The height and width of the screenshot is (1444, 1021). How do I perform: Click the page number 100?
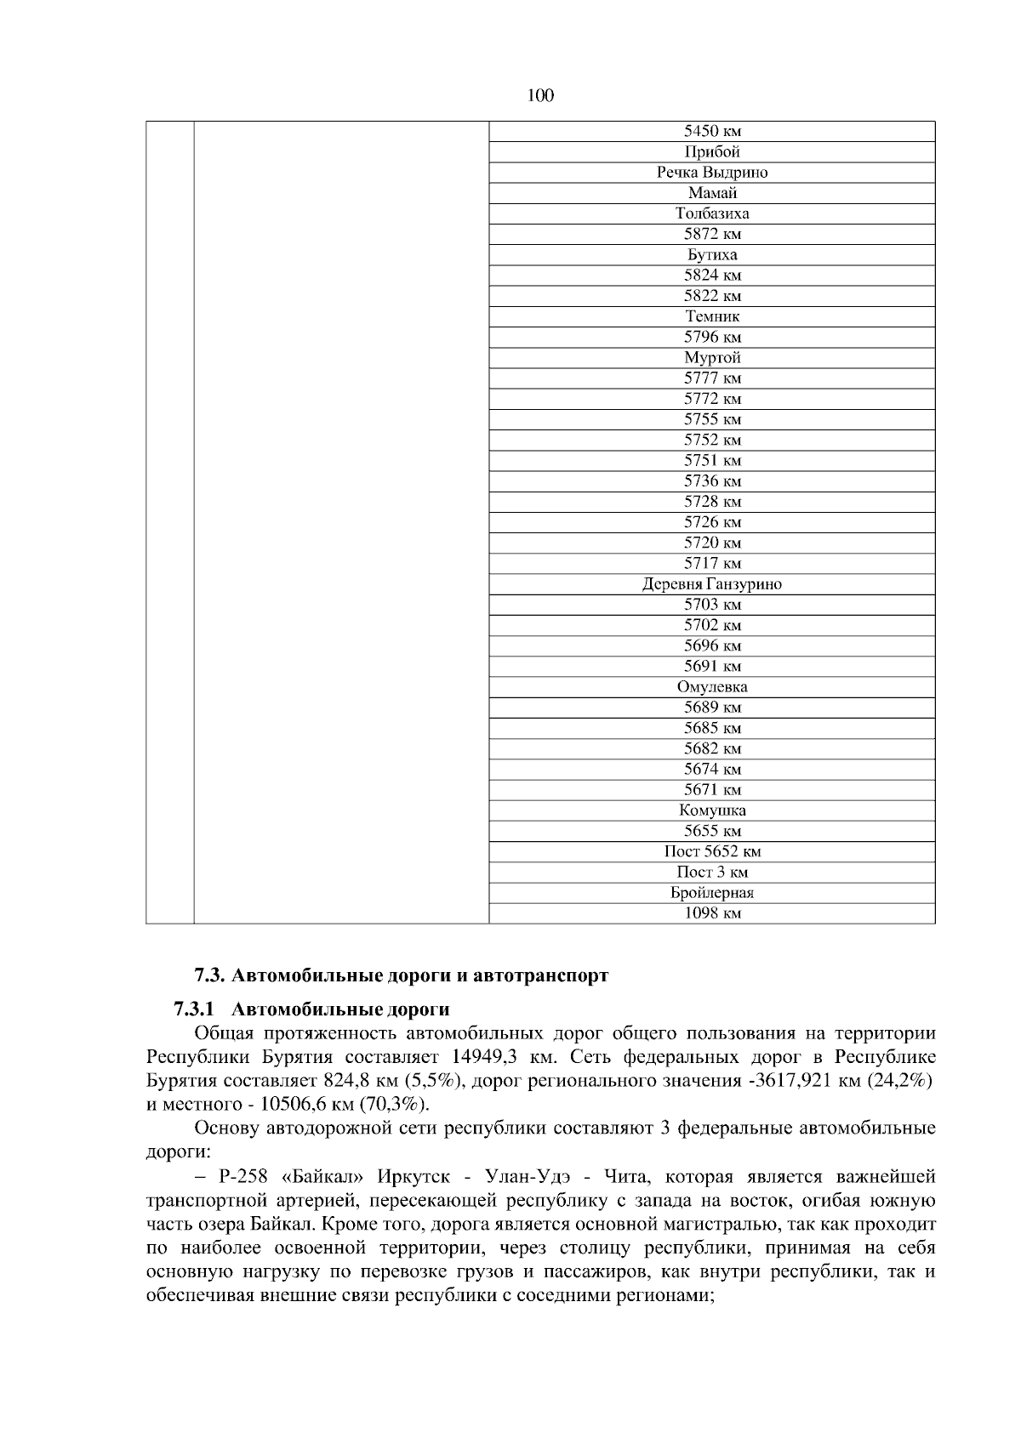540,96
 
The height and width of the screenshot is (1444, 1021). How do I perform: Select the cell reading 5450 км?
712,132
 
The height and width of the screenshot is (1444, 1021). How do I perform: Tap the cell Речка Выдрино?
712,173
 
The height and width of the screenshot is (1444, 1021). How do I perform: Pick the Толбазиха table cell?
712,213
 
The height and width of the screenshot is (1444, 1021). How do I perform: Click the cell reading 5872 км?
712,234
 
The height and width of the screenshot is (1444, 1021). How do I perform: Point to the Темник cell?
712,316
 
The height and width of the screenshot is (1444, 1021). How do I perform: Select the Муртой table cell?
712,357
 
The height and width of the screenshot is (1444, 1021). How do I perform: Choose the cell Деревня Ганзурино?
712,584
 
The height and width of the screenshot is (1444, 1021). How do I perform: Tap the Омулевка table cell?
712,687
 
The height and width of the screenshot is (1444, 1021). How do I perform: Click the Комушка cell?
712,810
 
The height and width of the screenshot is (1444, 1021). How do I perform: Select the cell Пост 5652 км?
712,851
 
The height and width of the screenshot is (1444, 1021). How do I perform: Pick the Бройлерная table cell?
712,893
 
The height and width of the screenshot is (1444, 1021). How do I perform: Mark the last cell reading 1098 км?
712,913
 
